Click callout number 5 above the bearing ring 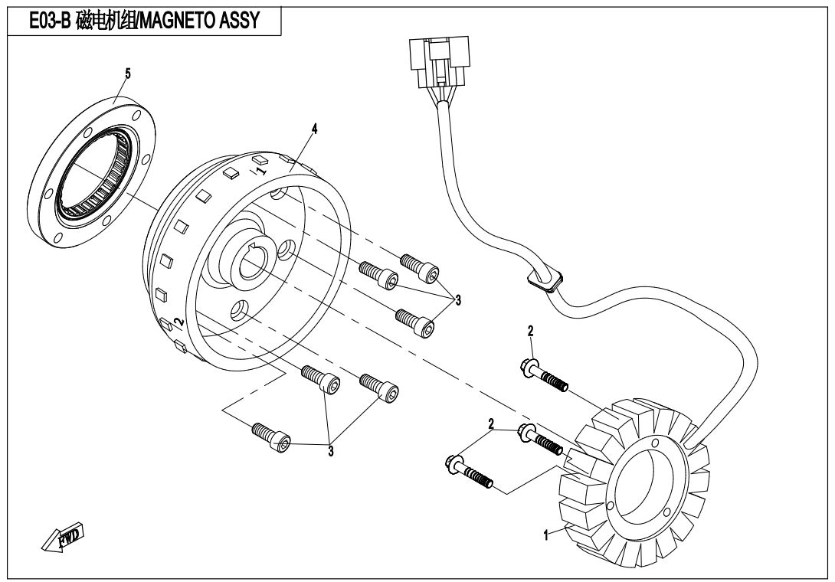[x=128, y=74]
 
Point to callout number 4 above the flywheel [x=314, y=129]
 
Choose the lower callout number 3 [x=331, y=451]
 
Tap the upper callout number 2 [x=530, y=332]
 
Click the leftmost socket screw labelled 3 [x=272, y=437]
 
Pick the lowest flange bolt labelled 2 [x=468, y=472]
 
